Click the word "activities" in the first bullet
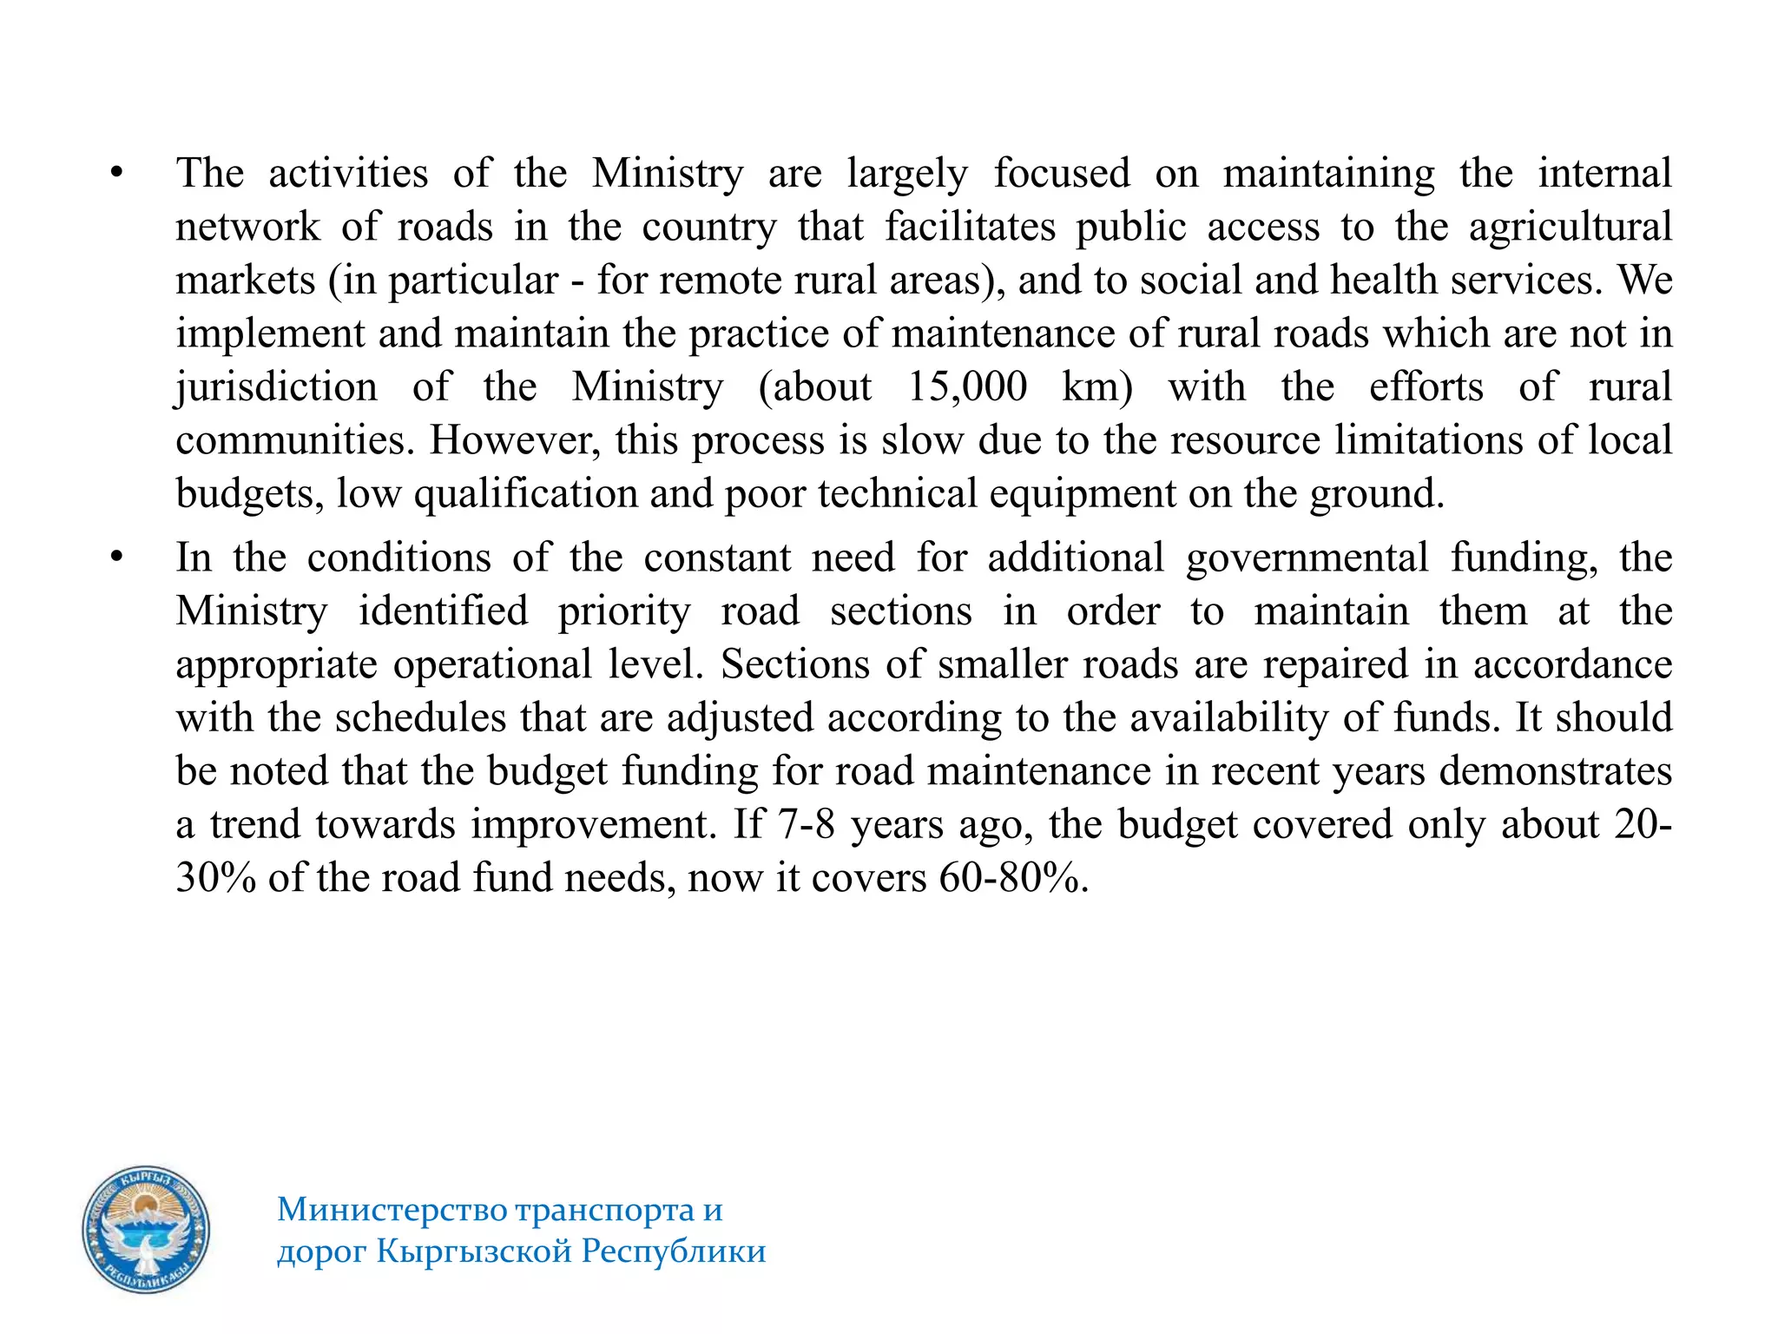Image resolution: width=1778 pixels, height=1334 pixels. [348, 173]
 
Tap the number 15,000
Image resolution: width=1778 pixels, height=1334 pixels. [966, 386]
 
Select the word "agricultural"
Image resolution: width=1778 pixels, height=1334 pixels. [1570, 227]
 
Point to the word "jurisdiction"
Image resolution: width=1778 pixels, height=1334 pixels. [277, 387]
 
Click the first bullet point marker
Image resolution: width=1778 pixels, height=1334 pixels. [116, 173]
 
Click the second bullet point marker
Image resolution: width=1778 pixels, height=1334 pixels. [116, 557]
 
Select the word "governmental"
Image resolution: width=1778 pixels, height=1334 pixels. [1307, 558]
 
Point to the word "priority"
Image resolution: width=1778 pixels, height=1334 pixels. [623, 611]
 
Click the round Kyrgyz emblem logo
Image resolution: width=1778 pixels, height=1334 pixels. [146, 1230]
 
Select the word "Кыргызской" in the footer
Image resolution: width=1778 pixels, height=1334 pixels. [475, 1251]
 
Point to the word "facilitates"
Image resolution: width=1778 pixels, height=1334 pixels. [970, 227]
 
